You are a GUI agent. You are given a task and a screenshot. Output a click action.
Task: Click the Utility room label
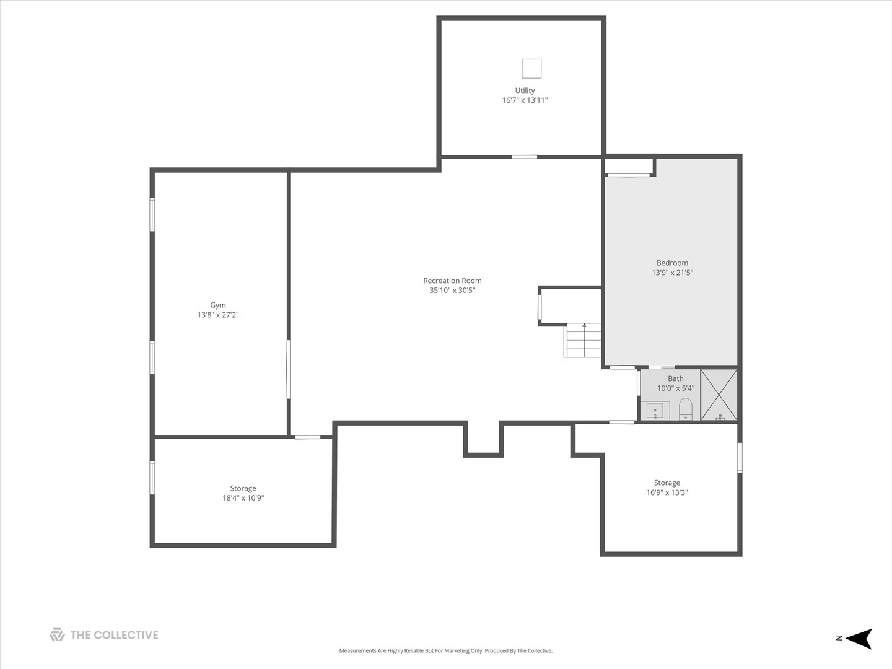click(525, 90)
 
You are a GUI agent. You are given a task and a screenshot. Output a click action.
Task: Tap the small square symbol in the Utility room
click(531, 68)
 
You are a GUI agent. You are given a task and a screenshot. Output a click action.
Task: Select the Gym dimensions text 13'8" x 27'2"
click(218, 315)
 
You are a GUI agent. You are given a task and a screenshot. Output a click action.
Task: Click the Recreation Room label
click(452, 281)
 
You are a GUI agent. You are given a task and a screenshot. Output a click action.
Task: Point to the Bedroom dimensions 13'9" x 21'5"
click(672, 273)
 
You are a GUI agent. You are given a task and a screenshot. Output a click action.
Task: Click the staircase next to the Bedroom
click(582, 340)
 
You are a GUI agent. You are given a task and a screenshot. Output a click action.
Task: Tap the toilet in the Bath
click(686, 409)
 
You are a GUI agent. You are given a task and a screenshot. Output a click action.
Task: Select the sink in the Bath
click(655, 411)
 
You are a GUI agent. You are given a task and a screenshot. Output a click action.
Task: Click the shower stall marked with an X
click(719, 395)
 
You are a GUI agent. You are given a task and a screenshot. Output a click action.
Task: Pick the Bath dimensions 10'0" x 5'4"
click(676, 388)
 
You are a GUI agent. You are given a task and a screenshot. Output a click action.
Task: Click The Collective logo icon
click(57, 635)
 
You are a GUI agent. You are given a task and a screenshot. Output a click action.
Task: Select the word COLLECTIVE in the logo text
click(126, 635)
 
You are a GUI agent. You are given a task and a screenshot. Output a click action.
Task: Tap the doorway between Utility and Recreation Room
click(524, 157)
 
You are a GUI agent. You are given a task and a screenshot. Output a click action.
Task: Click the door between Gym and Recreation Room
click(289, 370)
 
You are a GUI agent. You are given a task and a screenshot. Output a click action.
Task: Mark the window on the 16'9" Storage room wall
click(740, 458)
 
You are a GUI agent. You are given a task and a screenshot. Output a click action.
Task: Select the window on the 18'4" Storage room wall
click(152, 478)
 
